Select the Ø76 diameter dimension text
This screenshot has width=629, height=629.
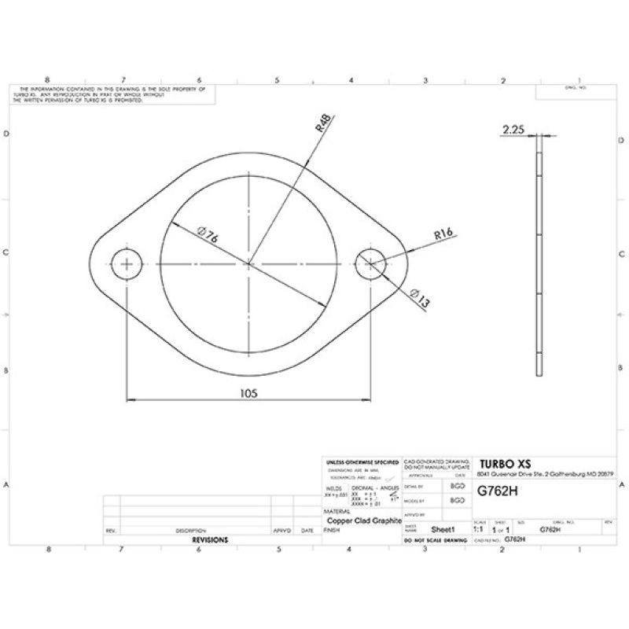point(208,236)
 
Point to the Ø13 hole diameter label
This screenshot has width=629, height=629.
point(420,298)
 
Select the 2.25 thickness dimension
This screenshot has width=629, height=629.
point(513,128)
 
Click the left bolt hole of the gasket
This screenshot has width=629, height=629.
point(126,264)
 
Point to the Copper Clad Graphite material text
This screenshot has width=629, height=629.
point(363,520)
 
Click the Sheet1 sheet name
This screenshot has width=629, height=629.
point(445,530)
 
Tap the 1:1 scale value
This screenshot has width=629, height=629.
point(478,530)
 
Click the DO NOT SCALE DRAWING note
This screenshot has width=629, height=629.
point(435,541)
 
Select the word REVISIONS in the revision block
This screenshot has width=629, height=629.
point(210,540)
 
